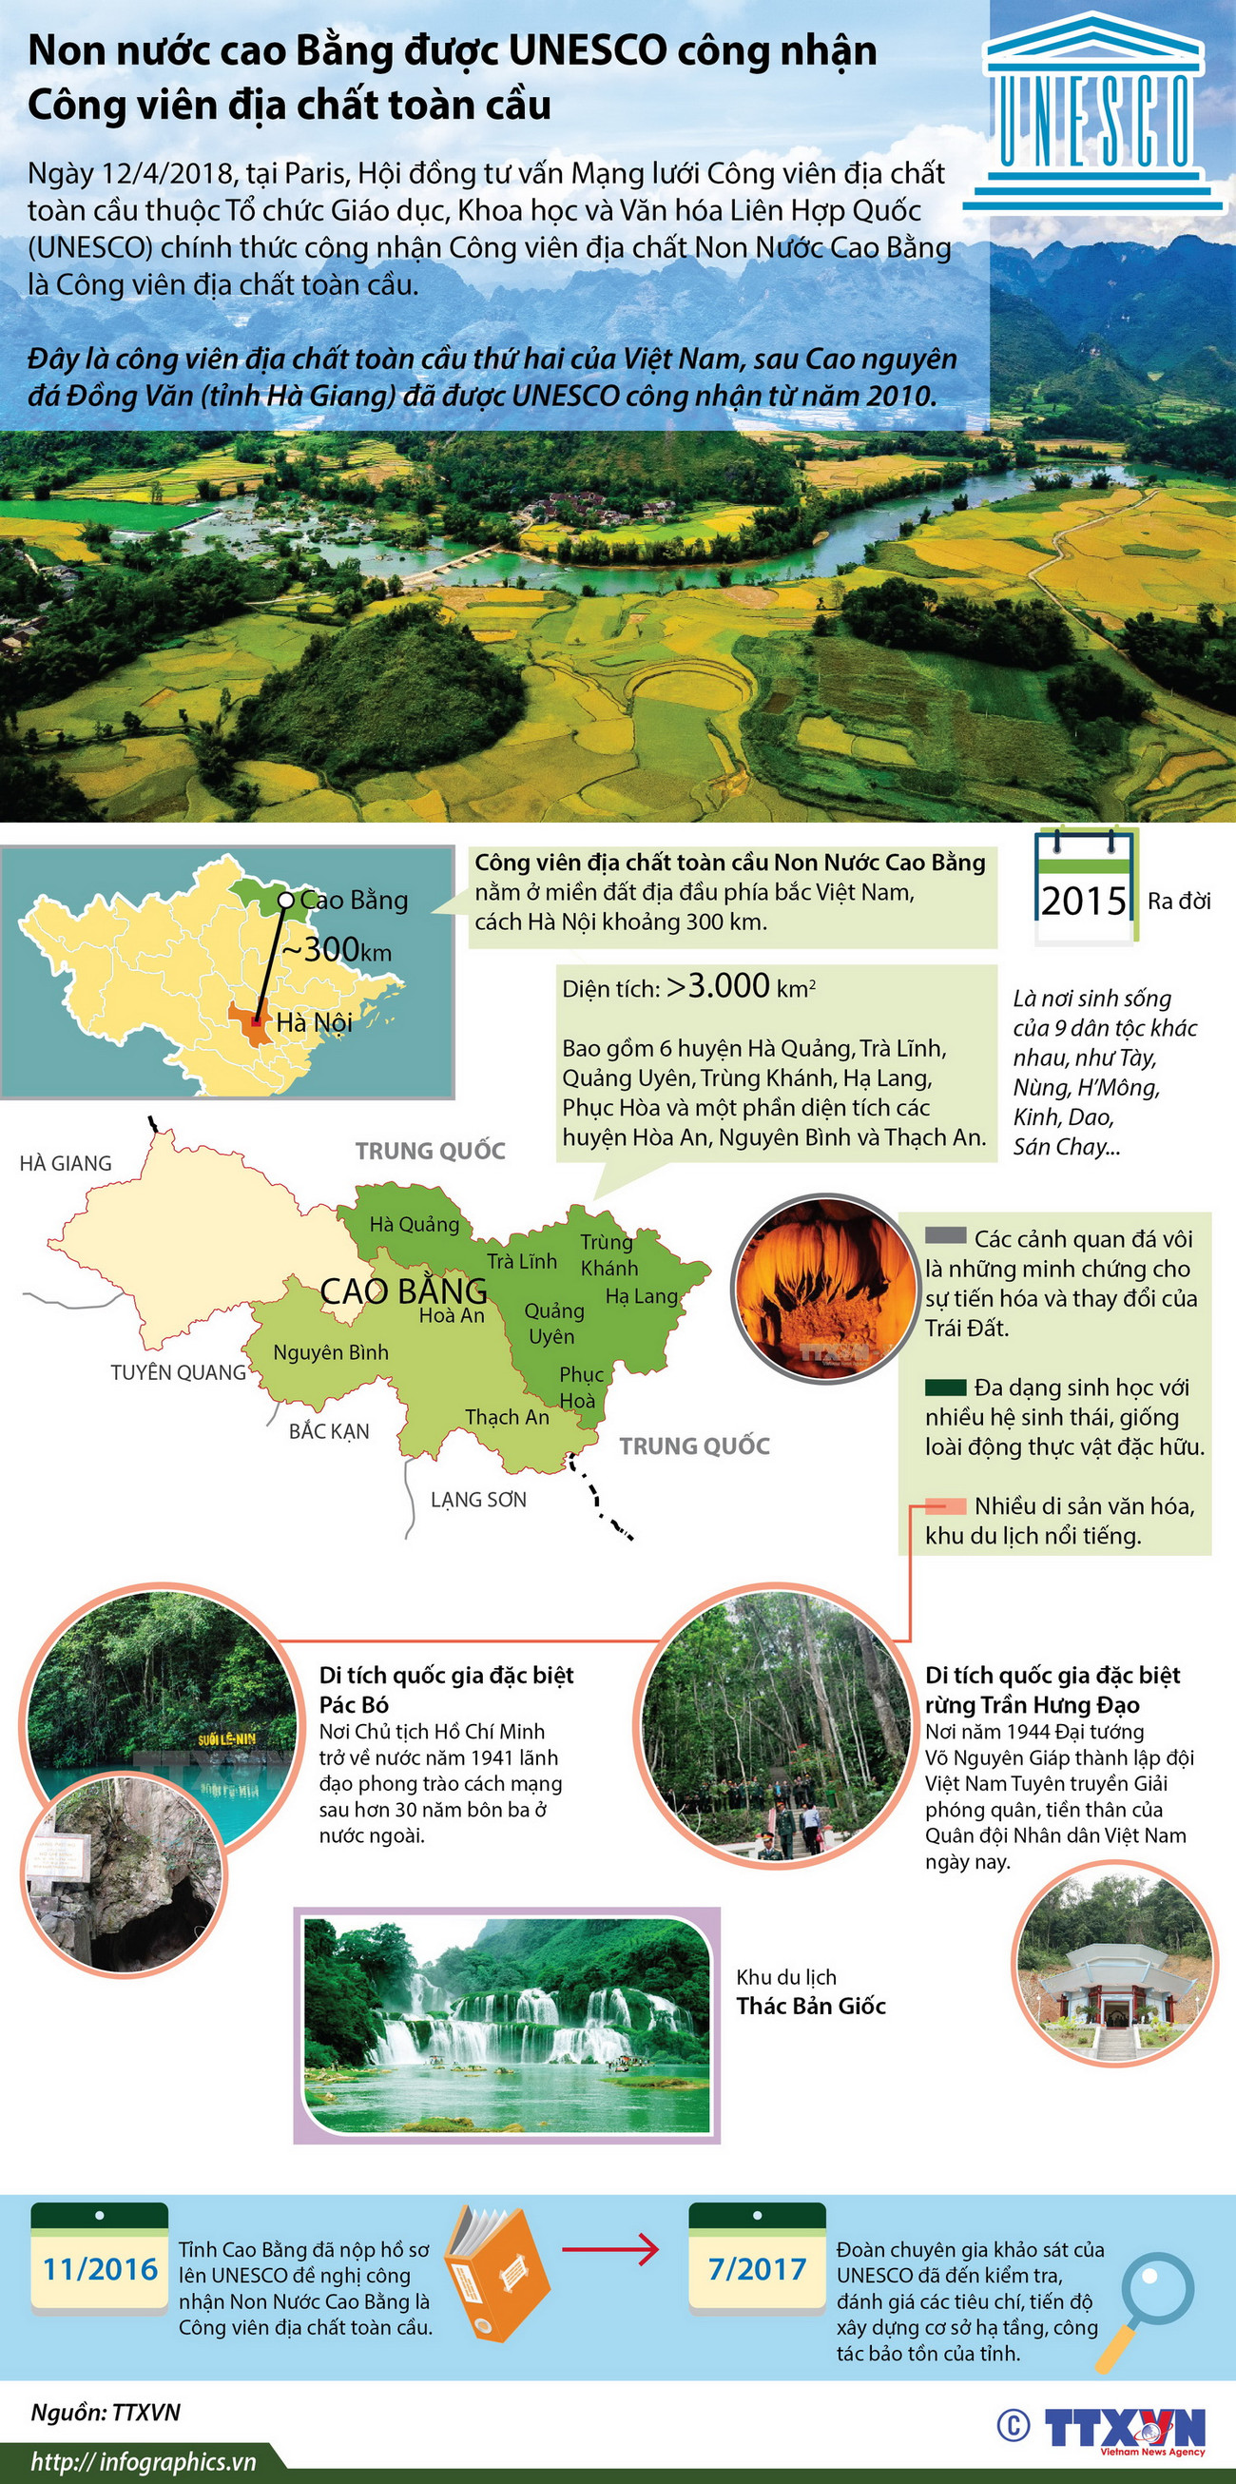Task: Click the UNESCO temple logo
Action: pyautogui.click(x=1093, y=111)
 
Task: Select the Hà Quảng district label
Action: pyautogui.click(x=415, y=1225)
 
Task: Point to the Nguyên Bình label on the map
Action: pyautogui.click(x=331, y=1353)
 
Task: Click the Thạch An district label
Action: pyautogui.click(x=507, y=1417)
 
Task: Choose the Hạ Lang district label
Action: pyautogui.click(x=642, y=1296)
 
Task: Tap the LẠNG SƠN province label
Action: pyautogui.click(x=478, y=1500)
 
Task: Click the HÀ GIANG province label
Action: pyautogui.click(x=66, y=1163)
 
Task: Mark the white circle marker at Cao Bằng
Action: pyautogui.click(x=286, y=900)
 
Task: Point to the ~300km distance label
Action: pyautogui.click(x=337, y=951)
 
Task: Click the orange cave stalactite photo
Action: pyautogui.click(x=822, y=1287)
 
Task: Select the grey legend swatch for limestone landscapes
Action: pyautogui.click(x=945, y=1236)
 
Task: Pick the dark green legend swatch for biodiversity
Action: pyautogui.click(x=945, y=1388)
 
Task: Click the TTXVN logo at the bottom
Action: pyautogui.click(x=1124, y=2426)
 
